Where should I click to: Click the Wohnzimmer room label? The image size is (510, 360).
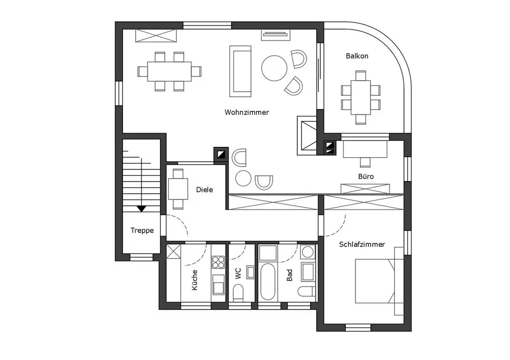246,112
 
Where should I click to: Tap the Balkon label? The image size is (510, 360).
357,56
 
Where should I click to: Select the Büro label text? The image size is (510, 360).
366,177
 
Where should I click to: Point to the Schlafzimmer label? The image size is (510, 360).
362,245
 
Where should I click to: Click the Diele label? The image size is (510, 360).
204,190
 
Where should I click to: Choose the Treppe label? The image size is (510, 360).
142,230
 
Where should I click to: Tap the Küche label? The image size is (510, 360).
194,280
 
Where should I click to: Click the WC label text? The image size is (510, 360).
238,274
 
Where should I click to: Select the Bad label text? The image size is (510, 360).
290,276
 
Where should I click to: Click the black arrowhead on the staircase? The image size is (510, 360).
141,208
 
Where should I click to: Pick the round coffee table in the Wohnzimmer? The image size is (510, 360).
274,68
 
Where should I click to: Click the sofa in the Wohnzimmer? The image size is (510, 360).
241,71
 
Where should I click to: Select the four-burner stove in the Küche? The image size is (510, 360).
218,262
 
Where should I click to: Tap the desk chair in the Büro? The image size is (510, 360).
365,162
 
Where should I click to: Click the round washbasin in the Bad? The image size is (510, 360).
308,252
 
